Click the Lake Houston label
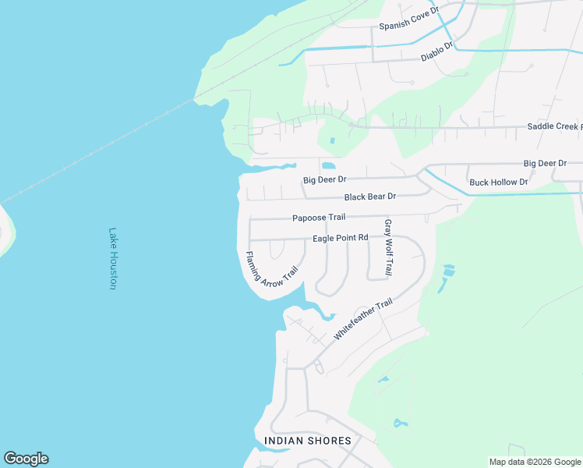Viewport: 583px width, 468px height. coord(113,259)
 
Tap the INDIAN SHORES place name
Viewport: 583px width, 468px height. coord(308,441)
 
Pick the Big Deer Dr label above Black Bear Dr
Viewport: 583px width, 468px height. coord(324,180)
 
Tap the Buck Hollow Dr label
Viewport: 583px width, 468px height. coord(499,183)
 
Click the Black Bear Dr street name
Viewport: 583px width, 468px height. coord(370,197)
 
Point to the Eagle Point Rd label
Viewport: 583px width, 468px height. coord(340,238)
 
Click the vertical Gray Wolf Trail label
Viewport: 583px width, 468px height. coord(387,247)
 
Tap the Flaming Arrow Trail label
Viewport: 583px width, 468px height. coord(272,269)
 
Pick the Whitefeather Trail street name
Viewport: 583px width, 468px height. coord(362,319)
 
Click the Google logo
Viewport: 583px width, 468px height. coord(26,459)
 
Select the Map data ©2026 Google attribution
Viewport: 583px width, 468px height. coord(535,462)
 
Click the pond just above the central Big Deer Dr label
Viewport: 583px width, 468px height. coord(328,166)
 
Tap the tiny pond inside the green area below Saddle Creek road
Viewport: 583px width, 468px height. coord(332,141)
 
